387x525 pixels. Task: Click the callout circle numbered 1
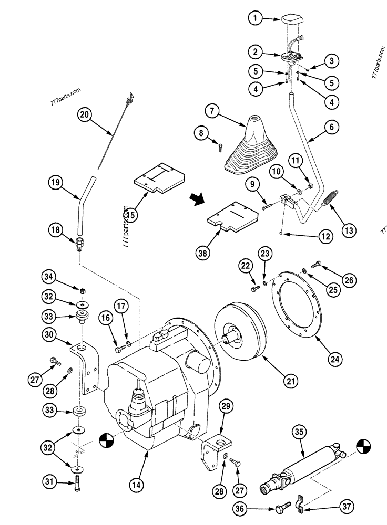(x=255, y=19)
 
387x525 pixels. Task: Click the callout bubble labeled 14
(x=135, y=486)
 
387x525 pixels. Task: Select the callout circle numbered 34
(x=49, y=277)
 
